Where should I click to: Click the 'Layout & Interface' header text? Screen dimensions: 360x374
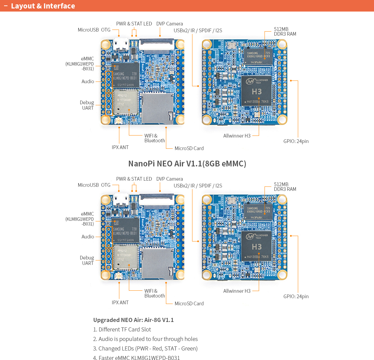click(x=43, y=6)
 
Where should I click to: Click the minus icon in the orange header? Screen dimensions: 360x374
click(x=5, y=6)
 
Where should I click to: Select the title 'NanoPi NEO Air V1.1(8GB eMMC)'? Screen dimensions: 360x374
click(x=187, y=164)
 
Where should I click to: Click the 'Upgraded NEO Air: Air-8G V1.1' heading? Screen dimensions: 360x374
click(x=133, y=320)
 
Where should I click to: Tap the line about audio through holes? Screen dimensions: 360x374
click(x=148, y=339)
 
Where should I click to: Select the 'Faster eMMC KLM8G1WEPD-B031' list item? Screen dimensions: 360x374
click(x=139, y=358)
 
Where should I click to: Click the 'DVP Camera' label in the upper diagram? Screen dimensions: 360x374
click(x=169, y=24)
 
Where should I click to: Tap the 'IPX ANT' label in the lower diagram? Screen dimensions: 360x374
click(x=120, y=303)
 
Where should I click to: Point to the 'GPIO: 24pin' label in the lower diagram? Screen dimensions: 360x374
click(x=296, y=296)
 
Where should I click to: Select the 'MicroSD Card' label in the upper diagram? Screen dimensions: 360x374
click(x=189, y=148)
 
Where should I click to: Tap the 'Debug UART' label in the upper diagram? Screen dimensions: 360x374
click(x=87, y=105)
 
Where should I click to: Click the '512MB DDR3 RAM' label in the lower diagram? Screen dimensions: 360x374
click(x=285, y=187)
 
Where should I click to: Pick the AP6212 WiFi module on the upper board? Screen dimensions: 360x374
click(x=125, y=102)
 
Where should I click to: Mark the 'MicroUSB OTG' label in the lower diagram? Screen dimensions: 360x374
click(x=94, y=185)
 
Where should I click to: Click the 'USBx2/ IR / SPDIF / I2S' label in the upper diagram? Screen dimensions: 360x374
click(x=198, y=31)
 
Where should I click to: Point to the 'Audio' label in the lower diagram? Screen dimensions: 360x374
click(x=88, y=237)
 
